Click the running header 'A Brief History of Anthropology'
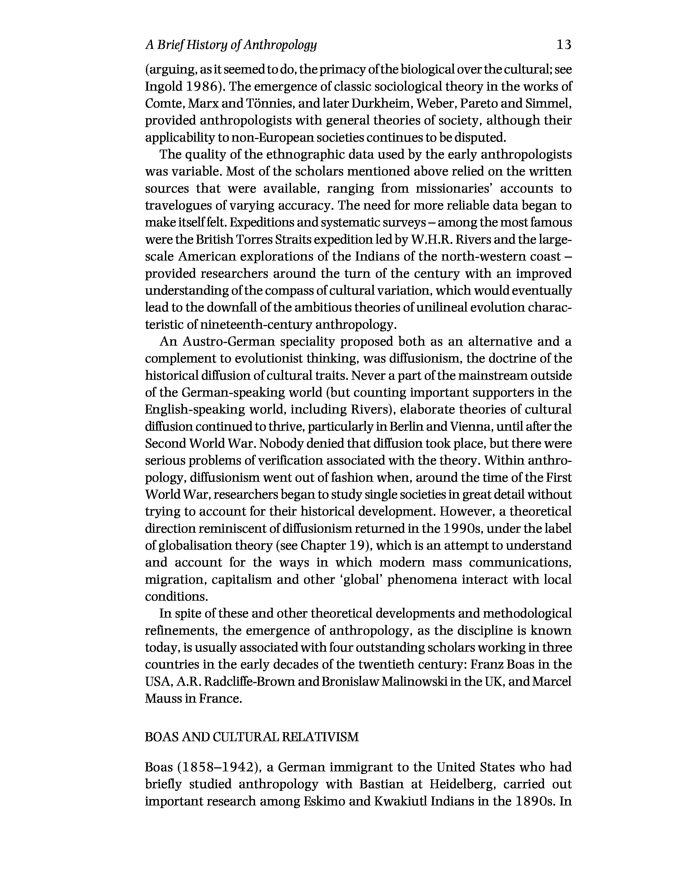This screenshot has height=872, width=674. pyautogui.click(x=231, y=45)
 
